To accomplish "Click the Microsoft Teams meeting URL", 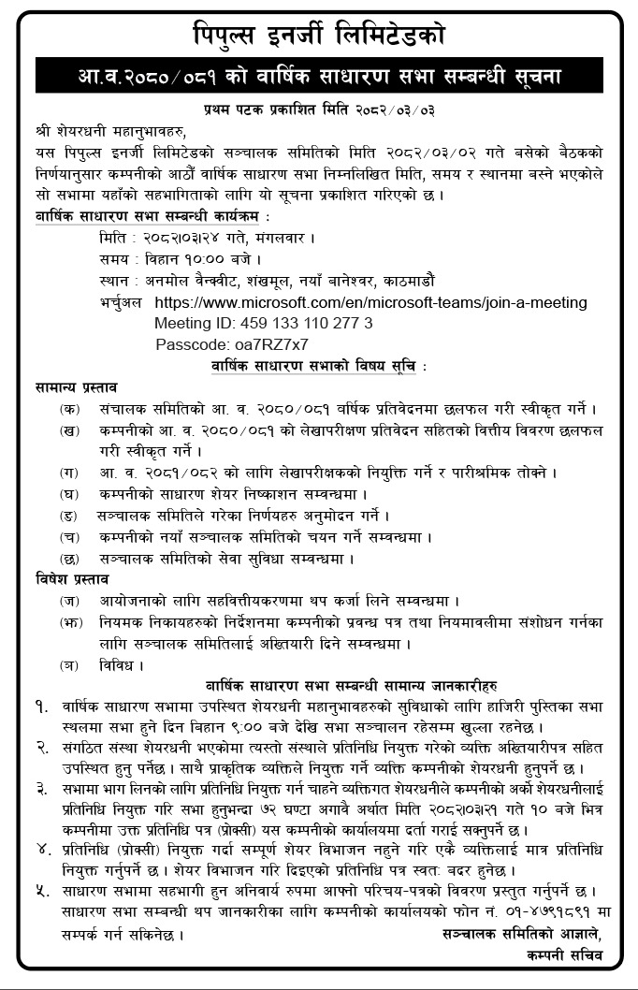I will [370, 303].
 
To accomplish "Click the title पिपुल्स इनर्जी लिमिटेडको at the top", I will [318, 36].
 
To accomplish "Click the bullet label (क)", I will [69, 409].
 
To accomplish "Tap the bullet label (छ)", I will [69, 559].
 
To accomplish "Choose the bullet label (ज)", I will [69, 601].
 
